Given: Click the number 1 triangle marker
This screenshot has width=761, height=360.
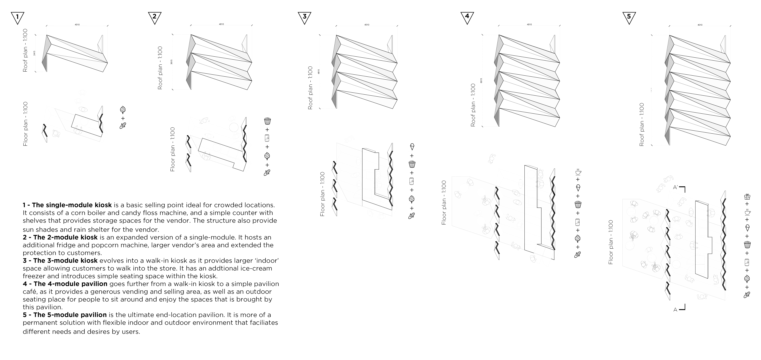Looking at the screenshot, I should [17, 17].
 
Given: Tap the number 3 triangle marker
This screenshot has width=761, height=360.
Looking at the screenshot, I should [305, 17].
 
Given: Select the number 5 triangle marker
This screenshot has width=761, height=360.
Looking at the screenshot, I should [629, 17].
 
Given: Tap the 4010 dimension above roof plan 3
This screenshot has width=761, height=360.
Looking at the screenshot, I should [367, 25].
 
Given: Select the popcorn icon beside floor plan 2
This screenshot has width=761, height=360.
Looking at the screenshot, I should [267, 121].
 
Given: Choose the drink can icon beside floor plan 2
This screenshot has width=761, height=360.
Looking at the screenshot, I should [267, 138].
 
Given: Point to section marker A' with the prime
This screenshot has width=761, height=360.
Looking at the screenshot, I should [679, 188].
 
